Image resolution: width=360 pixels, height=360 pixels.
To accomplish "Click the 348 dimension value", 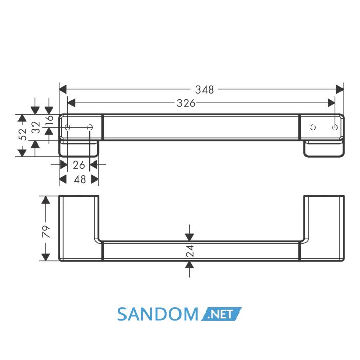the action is click(205, 89).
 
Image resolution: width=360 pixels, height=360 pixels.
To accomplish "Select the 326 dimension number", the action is click(186, 103).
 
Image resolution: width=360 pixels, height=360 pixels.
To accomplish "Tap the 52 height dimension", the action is click(23, 134).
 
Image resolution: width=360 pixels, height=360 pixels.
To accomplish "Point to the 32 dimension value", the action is click(36, 128).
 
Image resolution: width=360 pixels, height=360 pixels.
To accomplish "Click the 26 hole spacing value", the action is click(79, 165).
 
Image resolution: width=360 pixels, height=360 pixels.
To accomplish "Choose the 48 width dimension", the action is click(80, 179).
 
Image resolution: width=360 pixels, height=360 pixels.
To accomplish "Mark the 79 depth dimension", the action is click(46, 231).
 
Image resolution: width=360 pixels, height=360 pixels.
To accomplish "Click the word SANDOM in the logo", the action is click(158, 314).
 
